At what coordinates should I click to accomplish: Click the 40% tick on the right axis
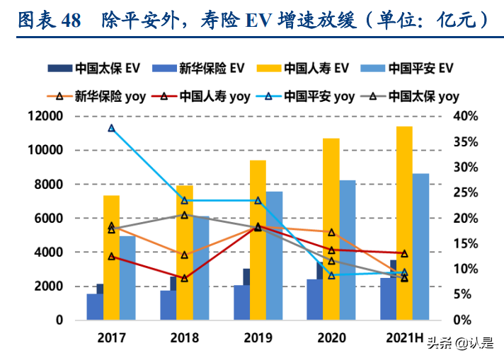[x=466, y=117]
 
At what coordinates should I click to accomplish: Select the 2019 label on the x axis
[x=257, y=337]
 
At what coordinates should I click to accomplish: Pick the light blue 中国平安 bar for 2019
[x=274, y=255]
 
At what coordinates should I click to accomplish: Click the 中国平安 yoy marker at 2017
[x=111, y=128]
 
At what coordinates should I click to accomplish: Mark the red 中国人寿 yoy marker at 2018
[x=184, y=278]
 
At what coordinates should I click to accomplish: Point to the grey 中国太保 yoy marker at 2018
[x=184, y=214]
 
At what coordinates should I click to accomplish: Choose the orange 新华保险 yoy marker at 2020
[x=331, y=232]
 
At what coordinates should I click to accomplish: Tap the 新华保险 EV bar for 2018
[x=168, y=305]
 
